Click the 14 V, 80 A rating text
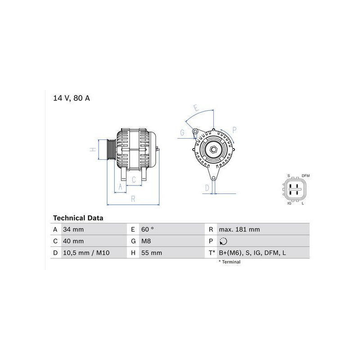pos(72,98)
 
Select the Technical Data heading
pos(78,218)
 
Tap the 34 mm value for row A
pos(73,229)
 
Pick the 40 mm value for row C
pos(73,241)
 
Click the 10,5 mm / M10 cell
pos(86,253)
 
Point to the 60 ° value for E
pos(148,229)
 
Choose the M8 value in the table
pos(146,241)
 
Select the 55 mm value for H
pos(152,253)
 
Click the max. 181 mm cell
pos(239,229)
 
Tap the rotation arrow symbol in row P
pos(223,241)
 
